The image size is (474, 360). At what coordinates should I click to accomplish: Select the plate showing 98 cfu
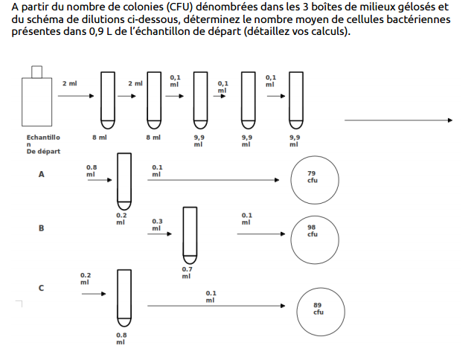point(313,231)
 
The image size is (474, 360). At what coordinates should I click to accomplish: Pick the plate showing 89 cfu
point(318,309)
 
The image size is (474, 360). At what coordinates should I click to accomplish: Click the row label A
point(42,175)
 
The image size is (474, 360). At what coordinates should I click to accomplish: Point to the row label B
point(42,228)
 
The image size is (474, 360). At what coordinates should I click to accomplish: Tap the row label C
point(42,288)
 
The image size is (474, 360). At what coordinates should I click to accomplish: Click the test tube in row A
point(124,181)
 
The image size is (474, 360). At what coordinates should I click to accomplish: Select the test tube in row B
point(189,233)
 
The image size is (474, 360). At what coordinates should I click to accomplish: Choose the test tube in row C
point(124,300)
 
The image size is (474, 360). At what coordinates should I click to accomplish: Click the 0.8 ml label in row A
point(92,170)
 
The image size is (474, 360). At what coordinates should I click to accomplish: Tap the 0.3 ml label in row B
point(157,225)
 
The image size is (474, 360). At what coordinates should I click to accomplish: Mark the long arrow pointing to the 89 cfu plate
point(216,306)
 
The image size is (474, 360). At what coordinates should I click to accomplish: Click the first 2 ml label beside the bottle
point(70,83)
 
